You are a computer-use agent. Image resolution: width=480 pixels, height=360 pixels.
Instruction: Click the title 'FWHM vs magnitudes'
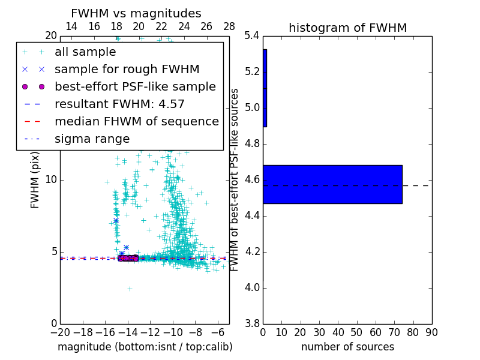pos(136,13)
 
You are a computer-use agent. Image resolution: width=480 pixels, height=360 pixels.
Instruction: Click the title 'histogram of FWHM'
pos(347,28)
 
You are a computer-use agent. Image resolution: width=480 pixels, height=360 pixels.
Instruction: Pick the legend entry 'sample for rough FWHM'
pos(127,69)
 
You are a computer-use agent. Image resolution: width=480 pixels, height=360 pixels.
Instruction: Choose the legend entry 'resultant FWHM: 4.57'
pos(119,104)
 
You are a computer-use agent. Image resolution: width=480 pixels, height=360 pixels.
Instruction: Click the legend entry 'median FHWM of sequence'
pos(136,121)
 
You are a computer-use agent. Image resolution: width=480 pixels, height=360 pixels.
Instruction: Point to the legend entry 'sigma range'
pos(92,139)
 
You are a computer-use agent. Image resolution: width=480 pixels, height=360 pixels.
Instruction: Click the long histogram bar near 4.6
pos(332,184)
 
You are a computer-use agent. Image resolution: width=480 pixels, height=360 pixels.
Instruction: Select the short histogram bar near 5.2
pos(265,88)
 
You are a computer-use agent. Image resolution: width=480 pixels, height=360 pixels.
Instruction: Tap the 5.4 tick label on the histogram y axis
pos(252,36)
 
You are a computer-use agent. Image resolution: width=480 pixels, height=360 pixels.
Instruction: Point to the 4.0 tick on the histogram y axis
pos(252,287)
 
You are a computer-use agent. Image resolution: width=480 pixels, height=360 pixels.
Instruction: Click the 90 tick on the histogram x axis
pos(431,332)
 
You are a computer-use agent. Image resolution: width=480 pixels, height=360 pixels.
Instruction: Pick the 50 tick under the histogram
pos(356,332)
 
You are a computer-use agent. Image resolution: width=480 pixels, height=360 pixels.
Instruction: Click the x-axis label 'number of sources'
pos(347,347)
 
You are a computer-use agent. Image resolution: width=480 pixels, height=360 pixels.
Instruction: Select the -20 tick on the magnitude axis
pos(60,332)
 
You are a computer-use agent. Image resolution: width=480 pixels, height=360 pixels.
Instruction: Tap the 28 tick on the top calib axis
pos(229,26)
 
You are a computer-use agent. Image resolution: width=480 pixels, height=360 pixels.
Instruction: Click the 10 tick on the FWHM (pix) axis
pos(51,180)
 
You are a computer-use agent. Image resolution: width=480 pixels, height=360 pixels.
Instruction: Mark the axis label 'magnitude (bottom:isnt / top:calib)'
pos(145,347)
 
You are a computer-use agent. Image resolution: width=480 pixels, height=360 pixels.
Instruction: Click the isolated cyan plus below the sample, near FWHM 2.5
pos(130,289)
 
